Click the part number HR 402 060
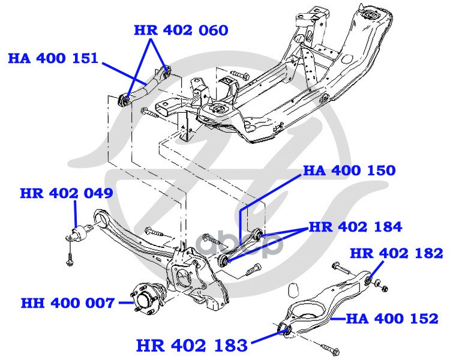[181, 31]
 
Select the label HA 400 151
[53, 58]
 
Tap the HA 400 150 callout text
[349, 170]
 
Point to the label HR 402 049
[67, 193]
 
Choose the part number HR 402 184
[355, 227]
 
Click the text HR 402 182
[397, 253]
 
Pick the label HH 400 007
[68, 303]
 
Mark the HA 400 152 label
[392, 319]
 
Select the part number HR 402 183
[192, 346]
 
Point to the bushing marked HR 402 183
[285, 329]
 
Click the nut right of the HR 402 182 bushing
[385, 288]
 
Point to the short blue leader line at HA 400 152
[338, 319]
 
